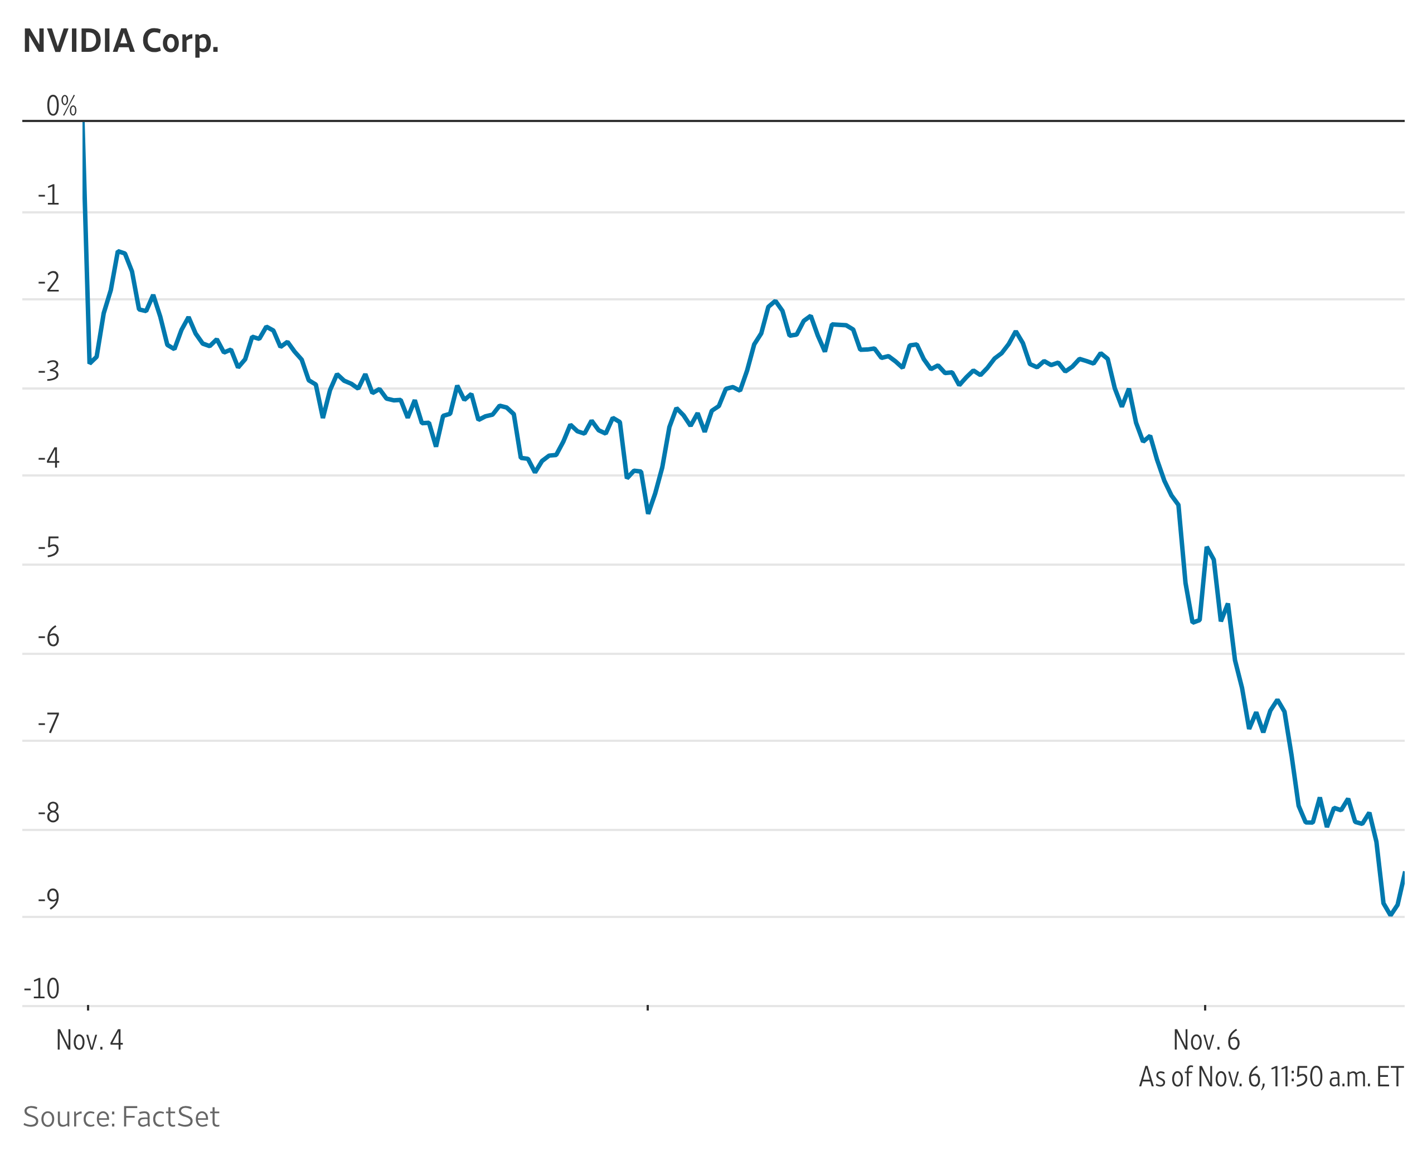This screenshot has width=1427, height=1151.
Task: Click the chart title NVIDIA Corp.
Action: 121,41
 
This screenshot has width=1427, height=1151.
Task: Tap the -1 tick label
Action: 48,196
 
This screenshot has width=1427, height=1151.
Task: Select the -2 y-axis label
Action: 48,283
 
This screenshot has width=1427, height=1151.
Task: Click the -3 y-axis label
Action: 48,372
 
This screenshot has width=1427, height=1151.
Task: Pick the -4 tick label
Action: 48,458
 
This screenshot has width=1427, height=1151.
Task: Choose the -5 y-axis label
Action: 48,548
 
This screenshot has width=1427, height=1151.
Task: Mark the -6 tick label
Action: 48,637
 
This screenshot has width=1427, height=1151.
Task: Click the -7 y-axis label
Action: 48,723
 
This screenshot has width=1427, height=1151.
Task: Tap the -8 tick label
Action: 48,813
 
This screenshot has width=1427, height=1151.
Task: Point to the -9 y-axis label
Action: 48,899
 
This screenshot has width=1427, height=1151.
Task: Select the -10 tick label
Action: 42,989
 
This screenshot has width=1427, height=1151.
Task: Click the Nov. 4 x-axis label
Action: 90,1040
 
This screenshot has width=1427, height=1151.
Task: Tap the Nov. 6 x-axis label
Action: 1206,1040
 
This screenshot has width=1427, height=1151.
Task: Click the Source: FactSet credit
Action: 121,1117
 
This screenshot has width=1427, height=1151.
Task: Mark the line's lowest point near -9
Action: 1391,915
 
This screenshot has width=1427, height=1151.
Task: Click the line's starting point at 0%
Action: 83,122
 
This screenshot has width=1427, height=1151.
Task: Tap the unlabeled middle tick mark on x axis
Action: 648,1007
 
